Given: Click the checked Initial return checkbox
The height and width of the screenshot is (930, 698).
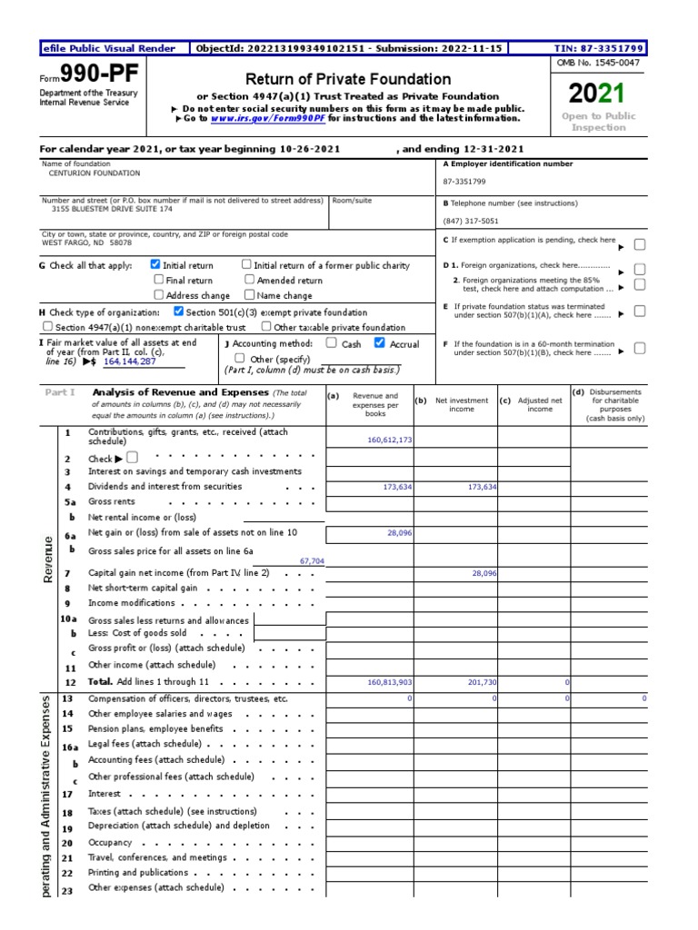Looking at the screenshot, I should click(x=155, y=265).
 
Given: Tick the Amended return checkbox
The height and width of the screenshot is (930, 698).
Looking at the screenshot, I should click(x=250, y=281).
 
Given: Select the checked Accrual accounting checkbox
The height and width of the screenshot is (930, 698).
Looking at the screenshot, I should click(x=380, y=343).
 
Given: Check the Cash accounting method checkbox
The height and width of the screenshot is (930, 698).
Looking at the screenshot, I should click(x=331, y=343).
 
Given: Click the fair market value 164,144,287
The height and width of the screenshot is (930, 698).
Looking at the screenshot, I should click(x=130, y=361).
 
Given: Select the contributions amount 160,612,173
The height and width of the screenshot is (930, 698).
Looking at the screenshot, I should click(x=390, y=440).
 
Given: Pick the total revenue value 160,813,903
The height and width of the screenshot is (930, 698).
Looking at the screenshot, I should click(x=390, y=681).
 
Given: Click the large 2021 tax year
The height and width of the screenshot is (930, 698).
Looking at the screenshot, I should click(x=597, y=93).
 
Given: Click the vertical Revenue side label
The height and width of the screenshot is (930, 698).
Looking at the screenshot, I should click(x=47, y=559).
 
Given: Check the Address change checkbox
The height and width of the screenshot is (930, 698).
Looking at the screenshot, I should click(x=159, y=295).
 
